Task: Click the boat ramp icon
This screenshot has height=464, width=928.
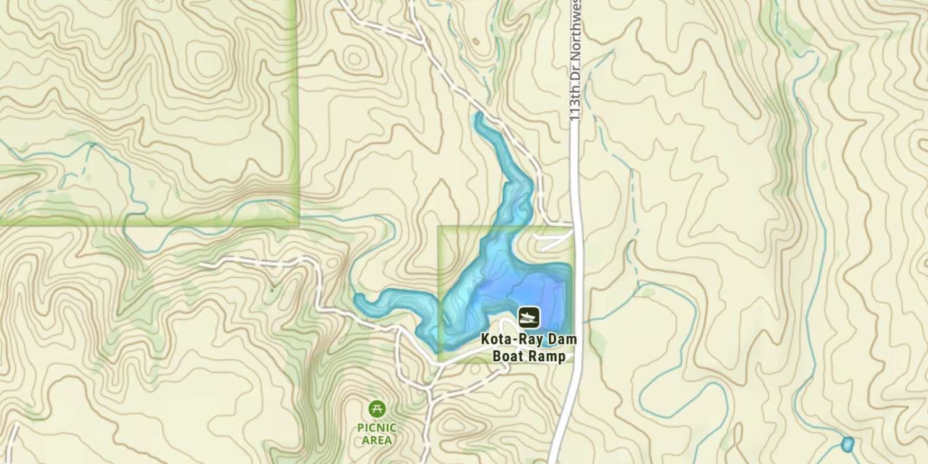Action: point(528,317)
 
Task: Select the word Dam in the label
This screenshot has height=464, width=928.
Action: point(564,340)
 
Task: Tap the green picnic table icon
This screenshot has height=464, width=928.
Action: point(377,408)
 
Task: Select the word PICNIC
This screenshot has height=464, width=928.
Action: point(377,427)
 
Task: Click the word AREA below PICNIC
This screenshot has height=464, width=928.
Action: point(377,440)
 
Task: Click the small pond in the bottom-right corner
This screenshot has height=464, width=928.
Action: point(848,444)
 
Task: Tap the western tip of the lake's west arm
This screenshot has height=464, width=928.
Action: point(358,299)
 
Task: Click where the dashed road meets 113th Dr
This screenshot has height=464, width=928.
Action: point(574,223)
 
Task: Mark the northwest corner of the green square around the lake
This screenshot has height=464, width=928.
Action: point(439,227)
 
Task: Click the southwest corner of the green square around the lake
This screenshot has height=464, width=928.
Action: point(439,360)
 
